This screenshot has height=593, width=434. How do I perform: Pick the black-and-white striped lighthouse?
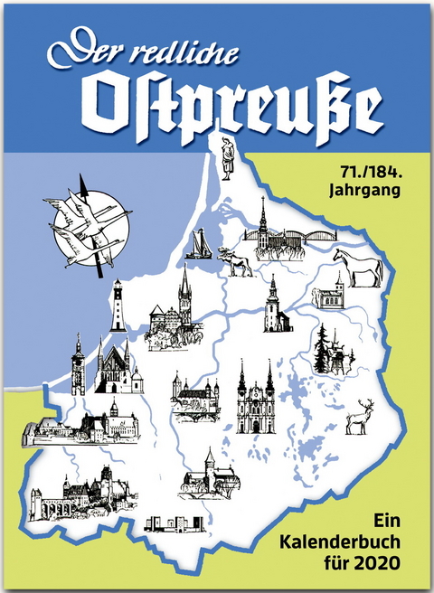[x=118, y=307]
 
